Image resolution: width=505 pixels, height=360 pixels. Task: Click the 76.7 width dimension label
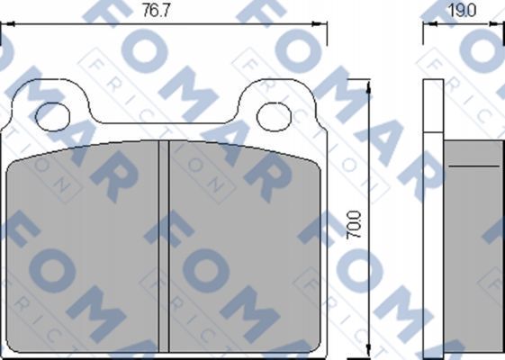[156, 12]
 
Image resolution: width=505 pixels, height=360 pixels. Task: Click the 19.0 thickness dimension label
[462, 12]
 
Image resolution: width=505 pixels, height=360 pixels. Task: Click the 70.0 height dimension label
[353, 224]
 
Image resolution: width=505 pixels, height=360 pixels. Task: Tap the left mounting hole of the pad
[52, 117]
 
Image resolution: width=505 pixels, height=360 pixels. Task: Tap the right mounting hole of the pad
[275, 117]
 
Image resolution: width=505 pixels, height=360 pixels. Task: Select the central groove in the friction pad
[164, 247]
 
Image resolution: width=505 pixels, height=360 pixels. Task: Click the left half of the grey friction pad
[83, 247]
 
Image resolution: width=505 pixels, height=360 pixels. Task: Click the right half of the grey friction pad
[245, 247]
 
